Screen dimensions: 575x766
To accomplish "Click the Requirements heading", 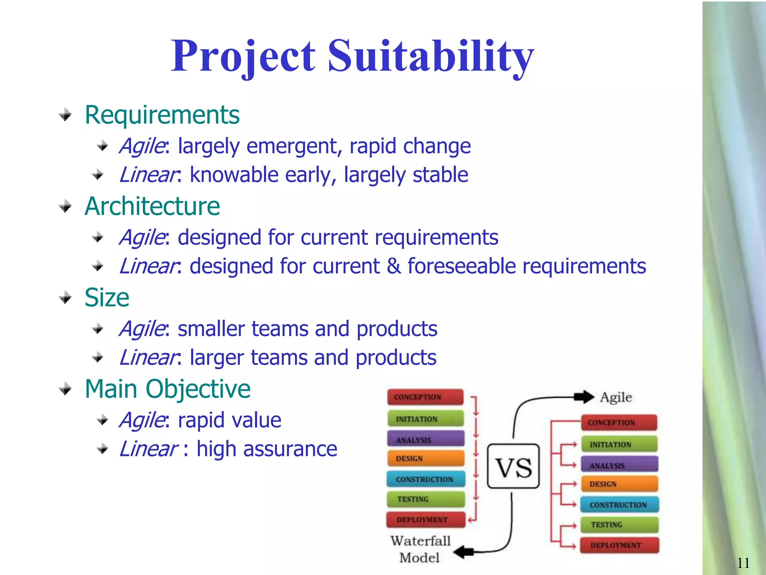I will click(x=162, y=115).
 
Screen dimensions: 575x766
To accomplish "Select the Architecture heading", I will click(x=152, y=206).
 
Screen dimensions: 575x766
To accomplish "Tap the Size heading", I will click(x=107, y=298).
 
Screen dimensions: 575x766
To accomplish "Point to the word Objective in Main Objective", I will click(x=198, y=389).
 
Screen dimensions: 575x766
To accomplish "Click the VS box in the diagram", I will click(x=513, y=466).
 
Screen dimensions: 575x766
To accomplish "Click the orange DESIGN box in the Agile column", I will click(x=619, y=484).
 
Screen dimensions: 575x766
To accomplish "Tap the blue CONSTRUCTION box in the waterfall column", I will click(x=425, y=479).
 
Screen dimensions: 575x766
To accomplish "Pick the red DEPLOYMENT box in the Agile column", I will click(x=619, y=545).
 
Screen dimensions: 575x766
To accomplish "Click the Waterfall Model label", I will click(x=420, y=549).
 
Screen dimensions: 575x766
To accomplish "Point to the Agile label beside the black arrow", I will click(x=616, y=397).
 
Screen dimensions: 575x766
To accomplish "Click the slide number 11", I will click(x=743, y=563).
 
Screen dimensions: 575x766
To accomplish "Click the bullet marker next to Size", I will click(x=65, y=298).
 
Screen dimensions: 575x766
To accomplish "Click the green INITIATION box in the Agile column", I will click(x=619, y=444).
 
